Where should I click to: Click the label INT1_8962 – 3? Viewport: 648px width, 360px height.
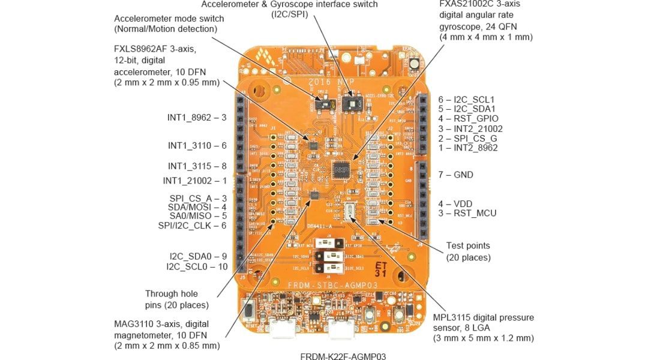(x=196, y=118)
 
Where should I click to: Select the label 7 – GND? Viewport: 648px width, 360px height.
(x=455, y=175)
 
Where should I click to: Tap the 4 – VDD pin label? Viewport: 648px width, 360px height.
(x=455, y=203)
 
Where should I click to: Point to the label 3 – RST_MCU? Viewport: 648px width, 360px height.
(x=467, y=213)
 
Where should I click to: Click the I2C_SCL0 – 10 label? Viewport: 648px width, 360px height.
(x=197, y=266)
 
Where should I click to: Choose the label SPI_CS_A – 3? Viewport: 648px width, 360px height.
(x=197, y=198)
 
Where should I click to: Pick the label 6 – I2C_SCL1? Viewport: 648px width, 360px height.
(x=466, y=100)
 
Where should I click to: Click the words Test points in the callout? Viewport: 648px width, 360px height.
(x=468, y=245)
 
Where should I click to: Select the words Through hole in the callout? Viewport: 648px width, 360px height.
(x=171, y=293)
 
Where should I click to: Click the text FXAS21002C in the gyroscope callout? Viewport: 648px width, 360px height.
(x=464, y=4)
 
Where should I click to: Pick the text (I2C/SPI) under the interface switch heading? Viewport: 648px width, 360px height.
(x=289, y=14)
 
